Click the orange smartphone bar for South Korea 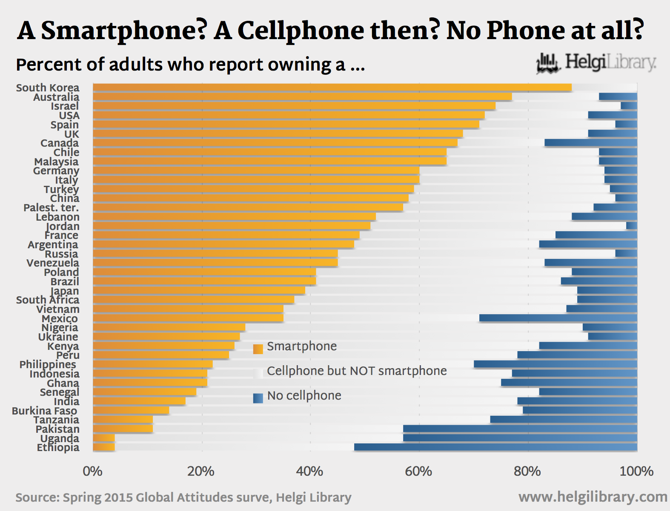pyautogui.click(x=332, y=88)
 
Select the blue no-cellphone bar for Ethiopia pyautogui.click(x=495, y=447)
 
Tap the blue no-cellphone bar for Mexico pyautogui.click(x=558, y=318)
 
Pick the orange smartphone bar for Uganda pyautogui.click(x=103, y=438)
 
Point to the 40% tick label pyautogui.click(x=309, y=471)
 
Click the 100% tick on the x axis pyautogui.click(x=636, y=471)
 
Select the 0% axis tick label pyautogui.click(x=92, y=471)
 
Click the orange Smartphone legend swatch pyautogui.click(x=258, y=349)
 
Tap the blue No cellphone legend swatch pyautogui.click(x=258, y=398)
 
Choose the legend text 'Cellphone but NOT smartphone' pyautogui.click(x=357, y=371)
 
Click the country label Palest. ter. pyautogui.click(x=51, y=208)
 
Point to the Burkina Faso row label pyautogui.click(x=45, y=411)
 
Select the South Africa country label pyautogui.click(x=48, y=300)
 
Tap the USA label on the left pyautogui.click(x=69, y=116)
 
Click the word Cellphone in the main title pyautogui.click(x=300, y=31)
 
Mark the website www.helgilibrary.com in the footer pyautogui.click(x=593, y=497)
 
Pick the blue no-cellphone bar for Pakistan pyautogui.click(x=520, y=429)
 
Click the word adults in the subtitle pyautogui.click(x=136, y=65)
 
